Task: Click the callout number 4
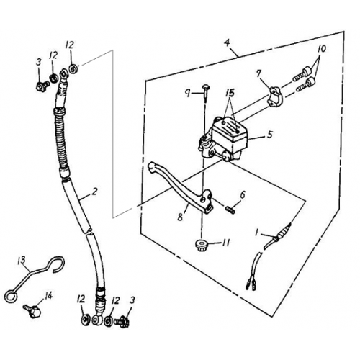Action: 227,44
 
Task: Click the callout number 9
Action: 186,92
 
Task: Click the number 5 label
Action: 269,134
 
